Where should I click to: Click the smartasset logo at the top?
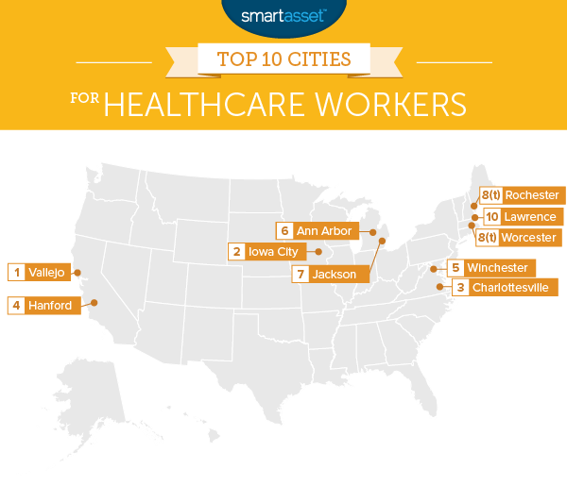283,15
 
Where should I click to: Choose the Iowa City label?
274,251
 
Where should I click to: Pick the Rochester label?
532,195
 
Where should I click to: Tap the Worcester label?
530,237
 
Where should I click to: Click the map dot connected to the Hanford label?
94,303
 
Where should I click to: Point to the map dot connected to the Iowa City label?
318,252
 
